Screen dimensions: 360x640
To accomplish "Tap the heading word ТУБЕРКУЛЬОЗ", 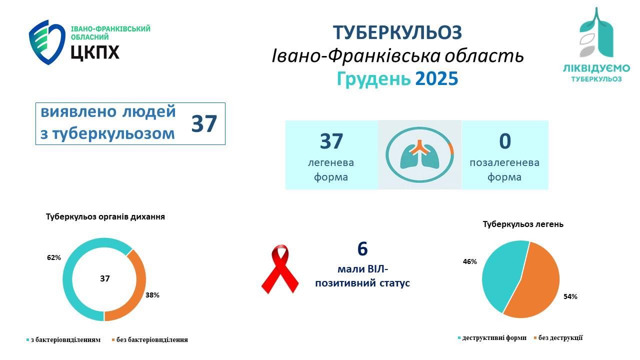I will pos(397,32).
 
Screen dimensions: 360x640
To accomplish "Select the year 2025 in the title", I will pos(436,79).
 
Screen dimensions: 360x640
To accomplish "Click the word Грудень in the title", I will pos(373,79).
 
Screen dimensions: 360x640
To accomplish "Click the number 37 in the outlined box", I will pos(204,124).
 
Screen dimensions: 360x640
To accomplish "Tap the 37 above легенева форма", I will pos(331,141).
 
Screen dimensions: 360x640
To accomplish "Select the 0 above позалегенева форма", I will pos(504,141).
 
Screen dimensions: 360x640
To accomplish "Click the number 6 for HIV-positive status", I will pos(362,248).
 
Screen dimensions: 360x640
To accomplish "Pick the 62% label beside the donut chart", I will pos(53,258).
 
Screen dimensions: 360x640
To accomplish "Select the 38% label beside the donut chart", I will pos(152,295).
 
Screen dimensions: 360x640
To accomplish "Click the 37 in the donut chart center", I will pos(104,278).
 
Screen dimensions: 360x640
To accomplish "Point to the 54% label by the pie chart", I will pos(570,296).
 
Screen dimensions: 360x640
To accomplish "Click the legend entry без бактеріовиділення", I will pos(152,340).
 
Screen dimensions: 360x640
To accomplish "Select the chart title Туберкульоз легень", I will pos(523,224).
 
